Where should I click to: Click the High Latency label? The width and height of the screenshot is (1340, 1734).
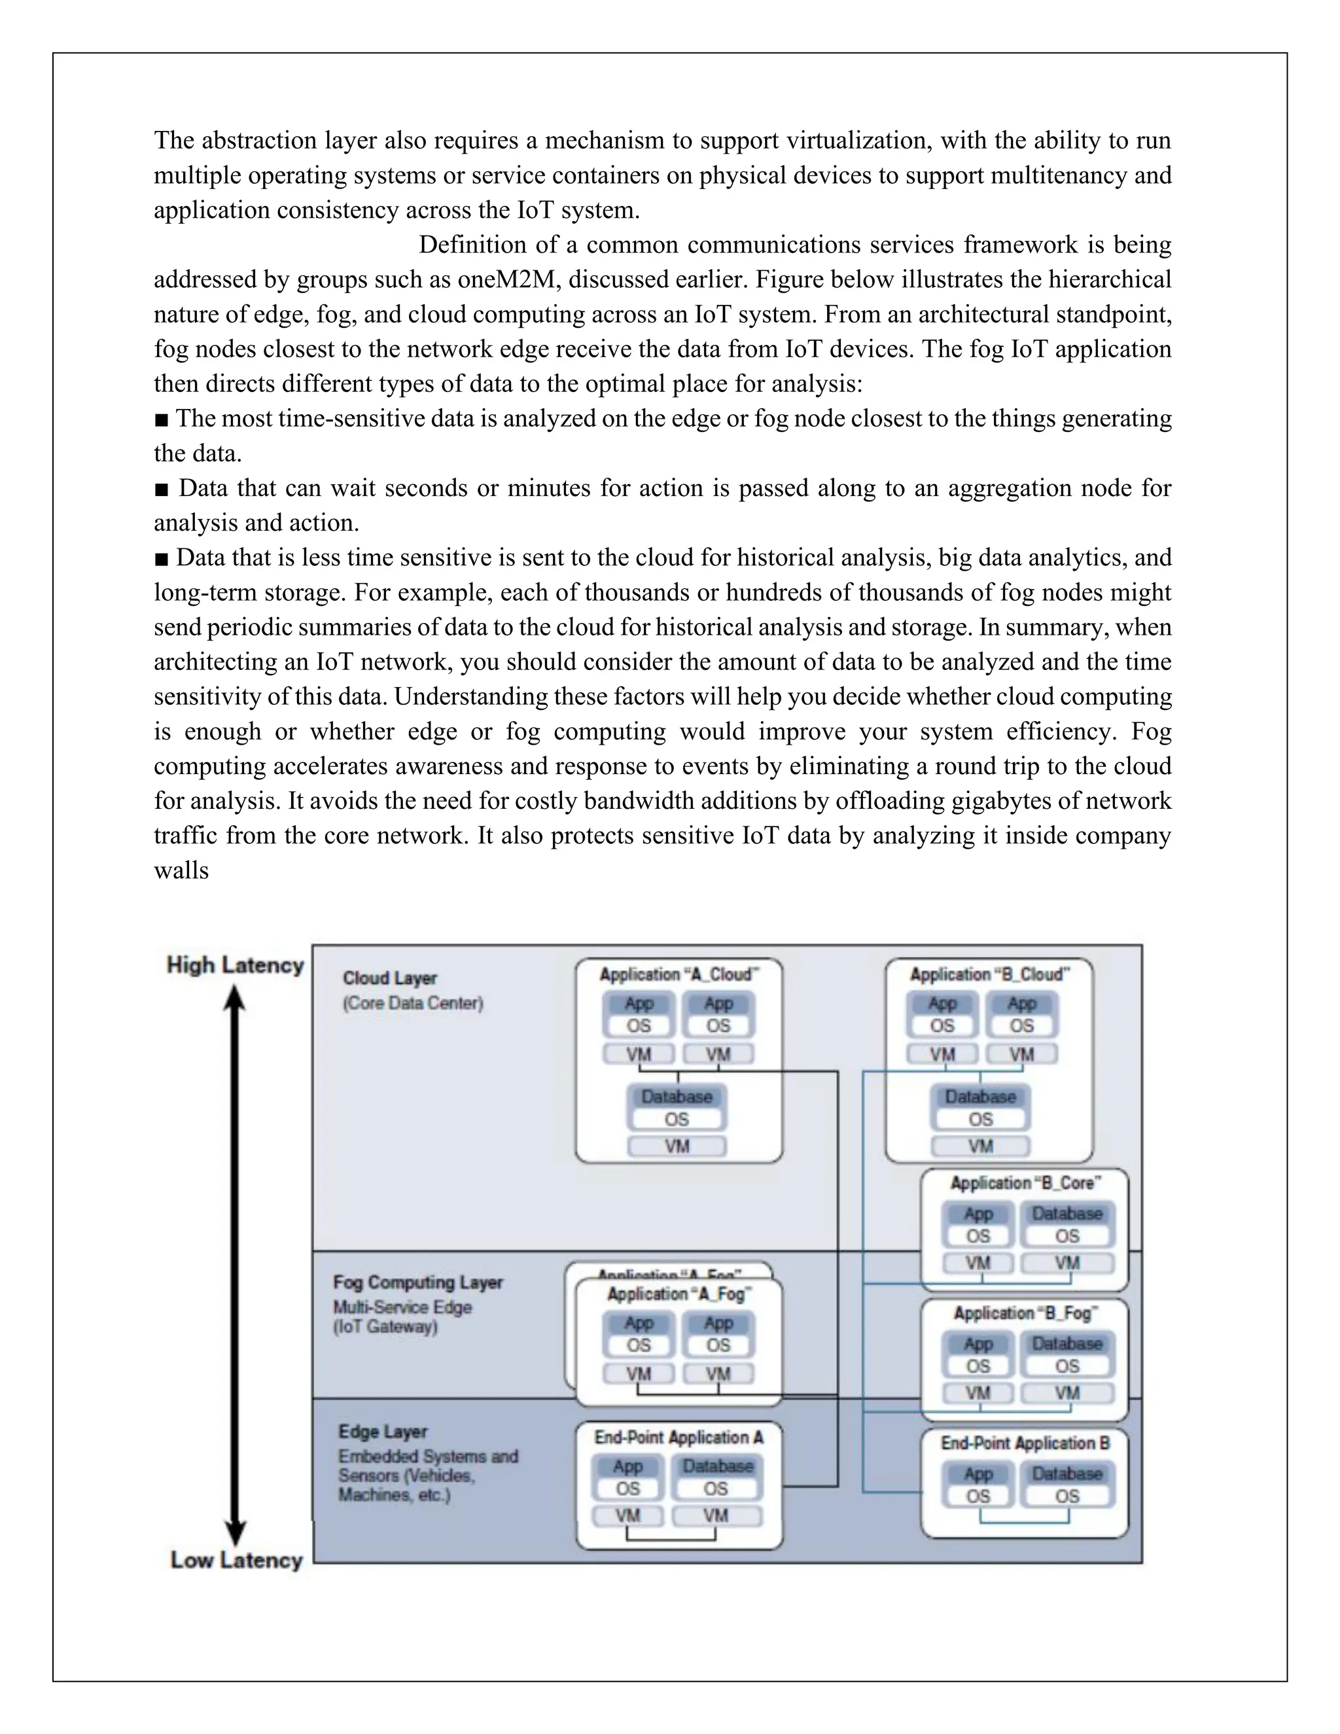[x=235, y=964]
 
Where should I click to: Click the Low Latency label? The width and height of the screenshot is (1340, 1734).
[x=237, y=1559]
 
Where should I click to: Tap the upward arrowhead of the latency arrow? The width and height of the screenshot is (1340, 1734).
[x=234, y=998]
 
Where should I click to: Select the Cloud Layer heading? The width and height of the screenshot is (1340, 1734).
[x=390, y=978]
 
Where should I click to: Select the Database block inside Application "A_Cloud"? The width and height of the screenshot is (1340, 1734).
[x=677, y=1097]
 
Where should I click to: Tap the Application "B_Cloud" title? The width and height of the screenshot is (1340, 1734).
[x=989, y=974]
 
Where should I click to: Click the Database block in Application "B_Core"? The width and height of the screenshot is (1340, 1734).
[x=1067, y=1213]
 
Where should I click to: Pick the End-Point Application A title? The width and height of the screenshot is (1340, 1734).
[x=679, y=1437]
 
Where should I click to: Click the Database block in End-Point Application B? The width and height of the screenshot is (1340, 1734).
[x=1067, y=1474]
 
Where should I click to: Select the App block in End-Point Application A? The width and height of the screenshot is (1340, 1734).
[x=627, y=1466]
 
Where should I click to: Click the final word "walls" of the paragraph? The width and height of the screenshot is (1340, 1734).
[x=181, y=870]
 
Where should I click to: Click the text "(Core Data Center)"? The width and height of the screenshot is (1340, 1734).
[x=412, y=1002]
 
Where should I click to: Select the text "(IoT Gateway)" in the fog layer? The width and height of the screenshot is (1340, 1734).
[x=385, y=1327]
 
